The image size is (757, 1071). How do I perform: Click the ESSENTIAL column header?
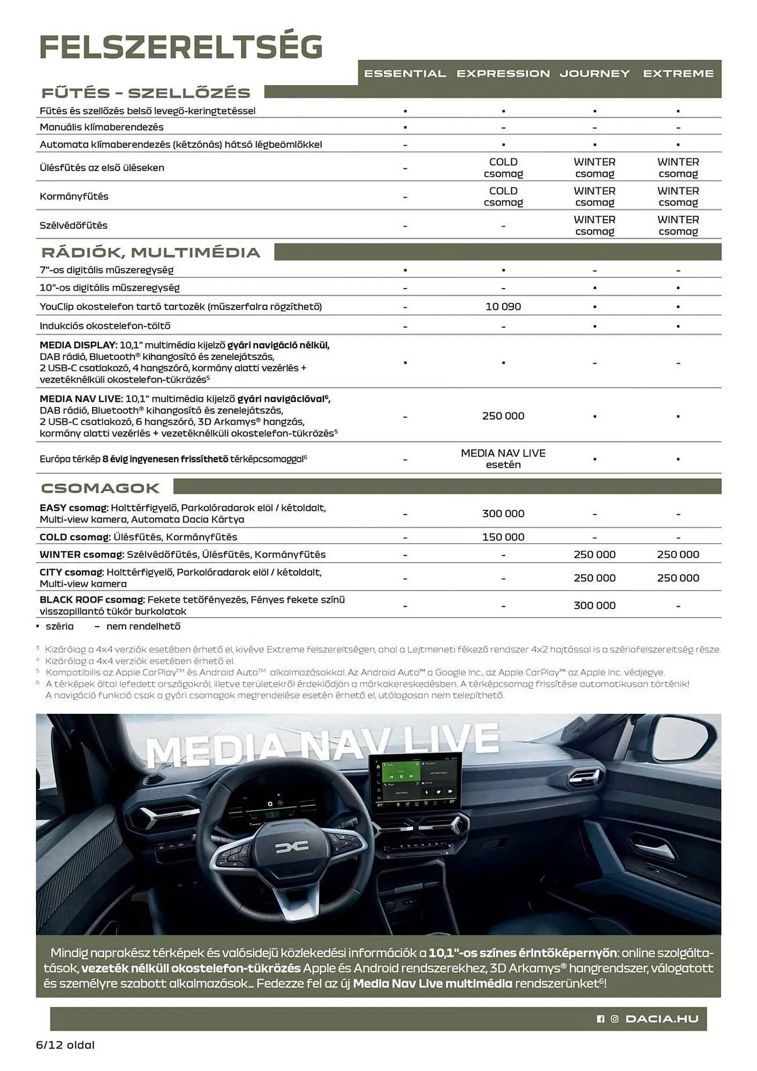[x=405, y=74]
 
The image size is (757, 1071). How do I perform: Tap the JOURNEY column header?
[x=594, y=74]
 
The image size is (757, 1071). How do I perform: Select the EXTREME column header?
[x=678, y=74]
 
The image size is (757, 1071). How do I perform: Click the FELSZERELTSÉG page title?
[x=181, y=47]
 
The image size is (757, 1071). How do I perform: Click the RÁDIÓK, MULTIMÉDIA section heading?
[x=150, y=252]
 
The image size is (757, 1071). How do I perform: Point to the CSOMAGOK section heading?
[x=100, y=488]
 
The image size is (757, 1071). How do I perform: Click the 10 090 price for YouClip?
[x=503, y=307]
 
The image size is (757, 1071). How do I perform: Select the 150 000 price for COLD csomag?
[x=503, y=537]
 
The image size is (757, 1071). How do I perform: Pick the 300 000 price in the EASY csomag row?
[x=503, y=514]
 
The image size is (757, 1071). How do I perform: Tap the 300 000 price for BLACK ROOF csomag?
[x=594, y=606]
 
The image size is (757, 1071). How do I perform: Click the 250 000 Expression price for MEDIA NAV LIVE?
[x=503, y=416]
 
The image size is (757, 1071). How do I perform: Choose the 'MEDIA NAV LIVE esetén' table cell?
[x=503, y=459]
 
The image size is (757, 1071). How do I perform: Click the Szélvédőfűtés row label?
[x=73, y=225]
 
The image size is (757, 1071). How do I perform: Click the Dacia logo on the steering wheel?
[x=292, y=846]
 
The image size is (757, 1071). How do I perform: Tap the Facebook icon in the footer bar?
[x=600, y=1019]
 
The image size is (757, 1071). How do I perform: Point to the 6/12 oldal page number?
[x=65, y=1045]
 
